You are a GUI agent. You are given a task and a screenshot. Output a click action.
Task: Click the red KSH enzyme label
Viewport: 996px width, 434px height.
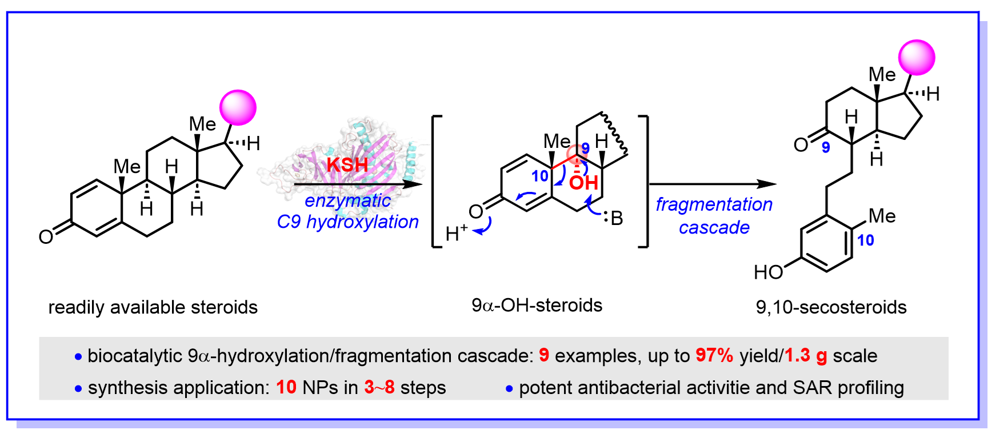[347, 164]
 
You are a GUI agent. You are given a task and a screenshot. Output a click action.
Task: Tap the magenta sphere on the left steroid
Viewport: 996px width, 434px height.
[238, 107]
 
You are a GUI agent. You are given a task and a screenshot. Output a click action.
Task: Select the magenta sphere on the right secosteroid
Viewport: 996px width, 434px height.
[917, 58]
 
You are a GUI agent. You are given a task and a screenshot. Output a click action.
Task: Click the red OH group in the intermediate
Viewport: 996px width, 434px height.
[583, 183]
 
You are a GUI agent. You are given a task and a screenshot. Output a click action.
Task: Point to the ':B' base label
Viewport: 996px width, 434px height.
[613, 218]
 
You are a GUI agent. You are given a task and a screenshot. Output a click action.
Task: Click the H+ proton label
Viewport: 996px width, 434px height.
[456, 233]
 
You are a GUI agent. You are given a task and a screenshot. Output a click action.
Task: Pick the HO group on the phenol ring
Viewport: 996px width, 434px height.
[768, 272]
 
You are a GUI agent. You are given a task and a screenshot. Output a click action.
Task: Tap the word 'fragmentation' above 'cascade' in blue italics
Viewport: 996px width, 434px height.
[714, 204]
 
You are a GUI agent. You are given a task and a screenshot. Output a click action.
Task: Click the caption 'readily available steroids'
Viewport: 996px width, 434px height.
[153, 307]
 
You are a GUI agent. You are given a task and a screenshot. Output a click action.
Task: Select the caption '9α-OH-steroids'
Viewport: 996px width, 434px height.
[537, 306]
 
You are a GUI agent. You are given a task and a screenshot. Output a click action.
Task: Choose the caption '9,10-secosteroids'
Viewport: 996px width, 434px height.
[831, 307]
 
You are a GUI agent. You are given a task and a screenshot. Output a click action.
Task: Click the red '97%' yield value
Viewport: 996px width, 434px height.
[714, 355]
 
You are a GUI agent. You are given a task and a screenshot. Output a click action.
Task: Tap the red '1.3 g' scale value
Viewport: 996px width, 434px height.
[805, 355]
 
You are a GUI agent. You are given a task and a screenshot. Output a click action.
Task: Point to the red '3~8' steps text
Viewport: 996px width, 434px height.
[379, 387]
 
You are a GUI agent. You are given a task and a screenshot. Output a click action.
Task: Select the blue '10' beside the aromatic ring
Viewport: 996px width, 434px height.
[865, 240]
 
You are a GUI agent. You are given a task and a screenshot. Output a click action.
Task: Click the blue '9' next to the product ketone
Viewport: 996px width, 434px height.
[826, 148]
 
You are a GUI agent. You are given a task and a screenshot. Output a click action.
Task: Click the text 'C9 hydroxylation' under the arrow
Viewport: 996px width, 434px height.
[347, 222]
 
